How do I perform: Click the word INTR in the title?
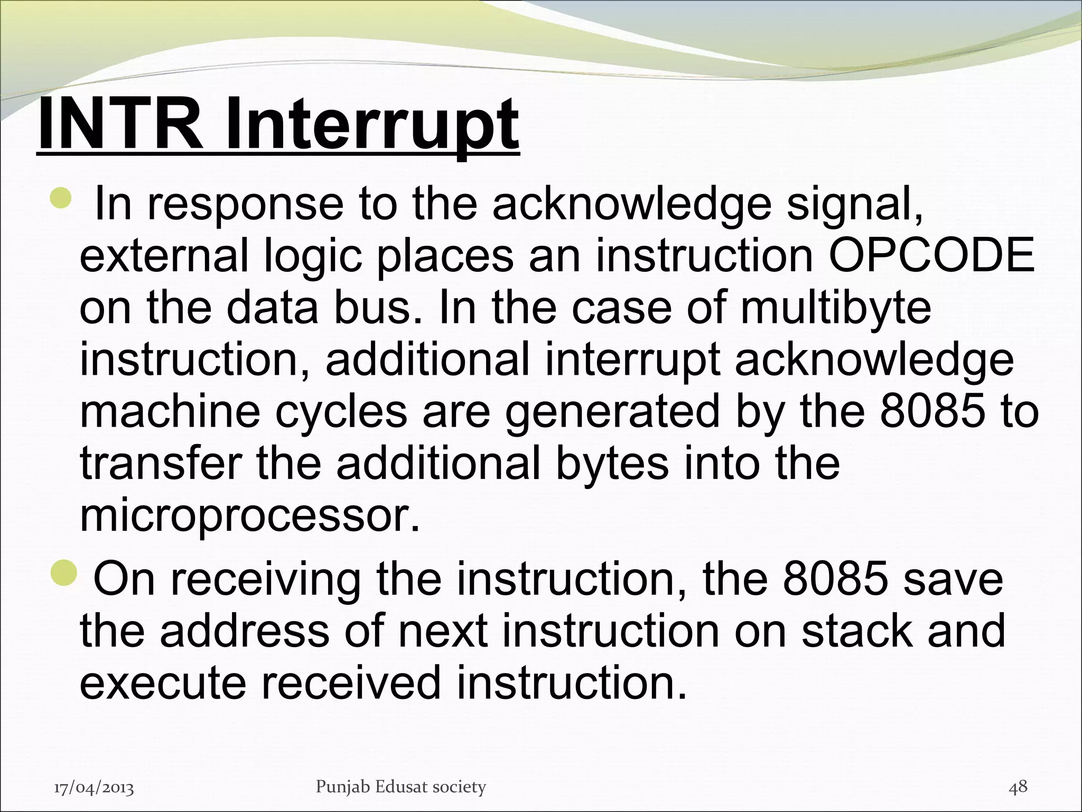point(120,124)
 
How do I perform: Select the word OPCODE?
point(930,256)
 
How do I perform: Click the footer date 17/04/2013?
point(94,788)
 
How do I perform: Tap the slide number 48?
point(1018,786)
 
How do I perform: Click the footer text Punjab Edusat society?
point(400,787)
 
